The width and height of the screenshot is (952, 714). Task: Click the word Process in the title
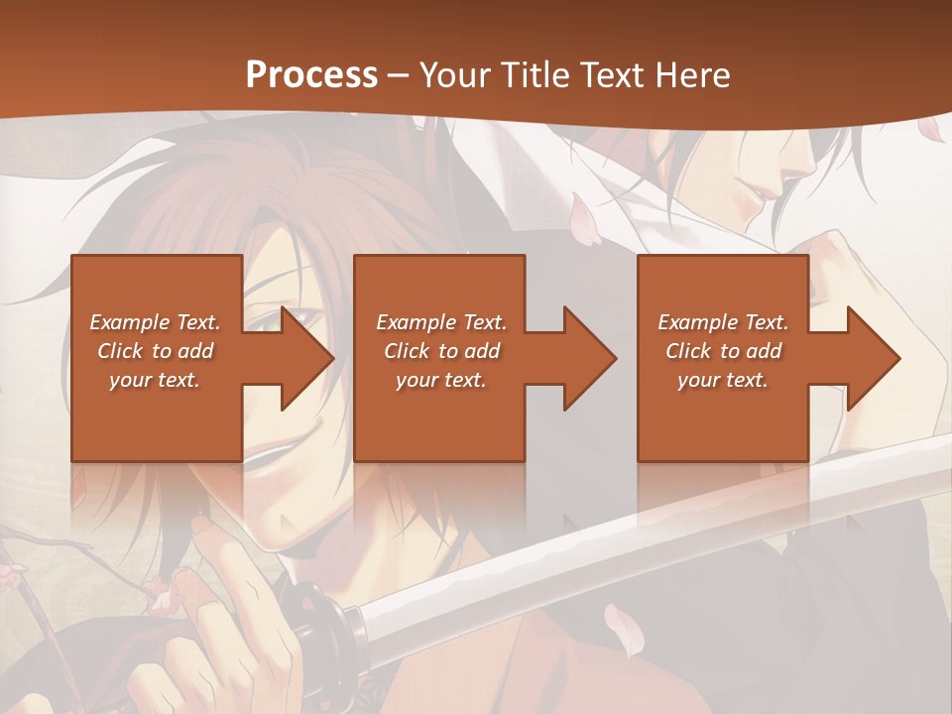point(311,75)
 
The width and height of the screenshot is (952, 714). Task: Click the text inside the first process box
point(155,351)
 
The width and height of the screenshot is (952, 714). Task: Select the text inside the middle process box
point(441,351)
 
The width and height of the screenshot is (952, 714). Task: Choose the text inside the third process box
point(723,351)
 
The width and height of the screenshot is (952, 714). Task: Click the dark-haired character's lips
point(759,194)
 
